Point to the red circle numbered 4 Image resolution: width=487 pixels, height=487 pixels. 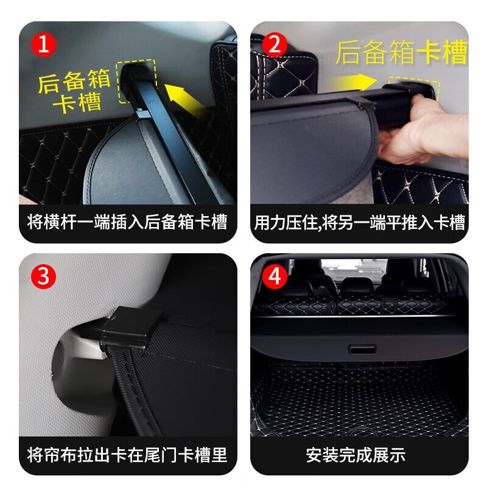coord(275,277)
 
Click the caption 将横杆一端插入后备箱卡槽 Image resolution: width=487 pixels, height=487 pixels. coord(127,222)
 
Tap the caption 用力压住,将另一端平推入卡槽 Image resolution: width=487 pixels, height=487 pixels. coord(359,222)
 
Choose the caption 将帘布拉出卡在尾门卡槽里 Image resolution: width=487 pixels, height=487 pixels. coord(127,454)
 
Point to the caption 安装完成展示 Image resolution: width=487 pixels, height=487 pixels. coord(359,454)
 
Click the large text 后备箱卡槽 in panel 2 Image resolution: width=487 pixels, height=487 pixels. coord(401,53)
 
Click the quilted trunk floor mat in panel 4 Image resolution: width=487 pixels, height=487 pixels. coord(359,402)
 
